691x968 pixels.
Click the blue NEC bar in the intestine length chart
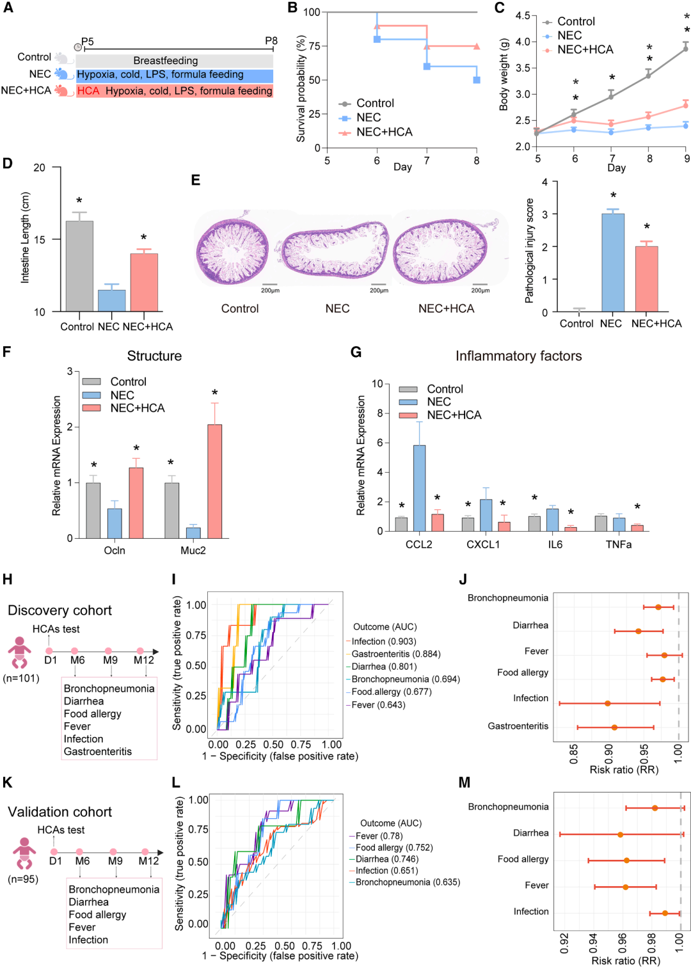111,300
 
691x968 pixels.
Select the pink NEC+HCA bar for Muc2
215,481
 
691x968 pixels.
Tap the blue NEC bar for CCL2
419,488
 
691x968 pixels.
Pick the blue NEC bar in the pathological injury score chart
613,263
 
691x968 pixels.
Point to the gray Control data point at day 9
685,49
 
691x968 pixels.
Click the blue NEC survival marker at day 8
476,80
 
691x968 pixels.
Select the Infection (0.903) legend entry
381,641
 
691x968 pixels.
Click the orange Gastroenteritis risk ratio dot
614,727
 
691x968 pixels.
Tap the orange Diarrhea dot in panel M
621,834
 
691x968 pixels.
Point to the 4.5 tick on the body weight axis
523,16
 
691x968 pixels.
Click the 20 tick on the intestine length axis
39,167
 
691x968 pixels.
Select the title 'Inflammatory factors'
519,356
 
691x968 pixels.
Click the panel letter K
7,782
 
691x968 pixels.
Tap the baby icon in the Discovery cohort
19,653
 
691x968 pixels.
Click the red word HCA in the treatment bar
88,91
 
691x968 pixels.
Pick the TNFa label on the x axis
619,544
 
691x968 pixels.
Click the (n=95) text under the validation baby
23,879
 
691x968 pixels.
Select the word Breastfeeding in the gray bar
166,61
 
